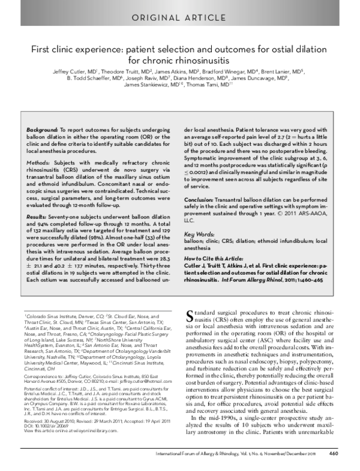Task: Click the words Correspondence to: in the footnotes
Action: pyautogui.click(x=41, y=376)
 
